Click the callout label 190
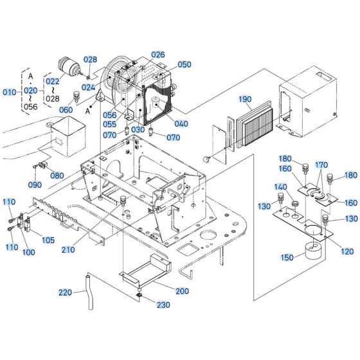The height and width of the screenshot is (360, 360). tap(245, 100)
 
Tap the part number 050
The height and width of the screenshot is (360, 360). tap(184, 65)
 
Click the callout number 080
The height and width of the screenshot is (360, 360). tap(57, 175)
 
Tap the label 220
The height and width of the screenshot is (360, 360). tap(65, 292)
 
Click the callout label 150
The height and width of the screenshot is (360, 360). tap(287, 257)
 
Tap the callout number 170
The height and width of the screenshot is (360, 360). tap(321, 165)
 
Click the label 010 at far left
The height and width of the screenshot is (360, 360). tap(9, 92)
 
